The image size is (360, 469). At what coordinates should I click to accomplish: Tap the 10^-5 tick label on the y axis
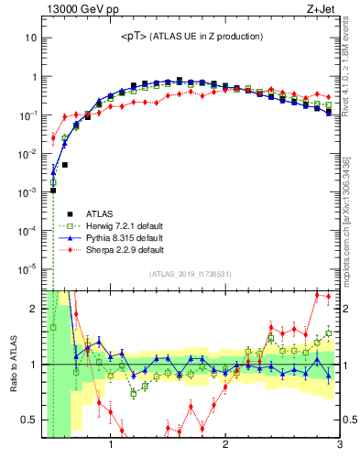tap(27, 268)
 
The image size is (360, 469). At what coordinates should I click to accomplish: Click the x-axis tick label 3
tap(339, 446)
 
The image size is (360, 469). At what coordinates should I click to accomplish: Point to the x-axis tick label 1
tap(111, 446)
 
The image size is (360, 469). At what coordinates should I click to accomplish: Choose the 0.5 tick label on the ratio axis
tap(29, 420)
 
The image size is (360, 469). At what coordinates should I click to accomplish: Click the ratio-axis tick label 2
tap(33, 309)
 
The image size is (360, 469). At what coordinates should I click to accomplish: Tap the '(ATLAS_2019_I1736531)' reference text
tap(191, 275)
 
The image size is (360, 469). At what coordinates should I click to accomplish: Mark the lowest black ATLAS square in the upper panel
tap(53, 190)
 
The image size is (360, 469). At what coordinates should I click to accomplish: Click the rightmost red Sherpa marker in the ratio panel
tap(328, 297)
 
